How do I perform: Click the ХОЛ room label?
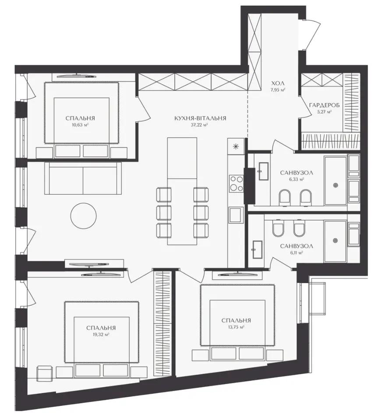pyautogui.click(x=278, y=83)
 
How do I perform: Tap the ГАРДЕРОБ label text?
pyautogui.click(x=324, y=105)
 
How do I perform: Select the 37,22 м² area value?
pyautogui.click(x=200, y=125)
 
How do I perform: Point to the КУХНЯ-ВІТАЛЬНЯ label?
pyautogui.click(x=200, y=118)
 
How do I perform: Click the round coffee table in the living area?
pyautogui.click(x=83, y=215)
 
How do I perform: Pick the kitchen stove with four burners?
pyautogui.click(x=236, y=183)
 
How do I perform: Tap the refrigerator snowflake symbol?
pyautogui.click(x=236, y=146)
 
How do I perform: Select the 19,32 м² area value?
pyautogui.click(x=101, y=335)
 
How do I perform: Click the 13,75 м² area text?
pyautogui.click(x=236, y=327)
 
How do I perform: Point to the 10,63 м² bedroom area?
pyautogui.click(x=80, y=125)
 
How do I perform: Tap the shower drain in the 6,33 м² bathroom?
pyautogui.click(x=335, y=185)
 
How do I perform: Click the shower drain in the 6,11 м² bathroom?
pyautogui.click(x=335, y=241)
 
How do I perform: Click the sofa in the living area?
pyautogui.click(x=83, y=178)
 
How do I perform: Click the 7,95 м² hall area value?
pyautogui.click(x=278, y=90)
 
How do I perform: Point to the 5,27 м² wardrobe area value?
pyautogui.click(x=324, y=112)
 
